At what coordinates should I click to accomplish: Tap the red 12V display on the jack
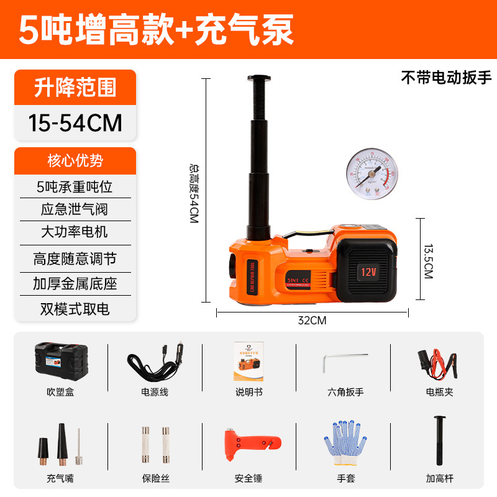[x=365, y=271]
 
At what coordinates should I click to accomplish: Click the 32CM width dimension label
[x=312, y=321]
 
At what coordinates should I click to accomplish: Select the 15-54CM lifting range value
[x=75, y=122]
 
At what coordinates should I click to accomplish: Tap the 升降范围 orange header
[x=75, y=88]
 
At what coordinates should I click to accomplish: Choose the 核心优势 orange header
[x=75, y=161]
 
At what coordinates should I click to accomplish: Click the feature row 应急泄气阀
[x=75, y=209]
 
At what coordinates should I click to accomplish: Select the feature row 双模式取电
[x=75, y=308]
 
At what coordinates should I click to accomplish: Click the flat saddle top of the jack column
[x=258, y=78]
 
